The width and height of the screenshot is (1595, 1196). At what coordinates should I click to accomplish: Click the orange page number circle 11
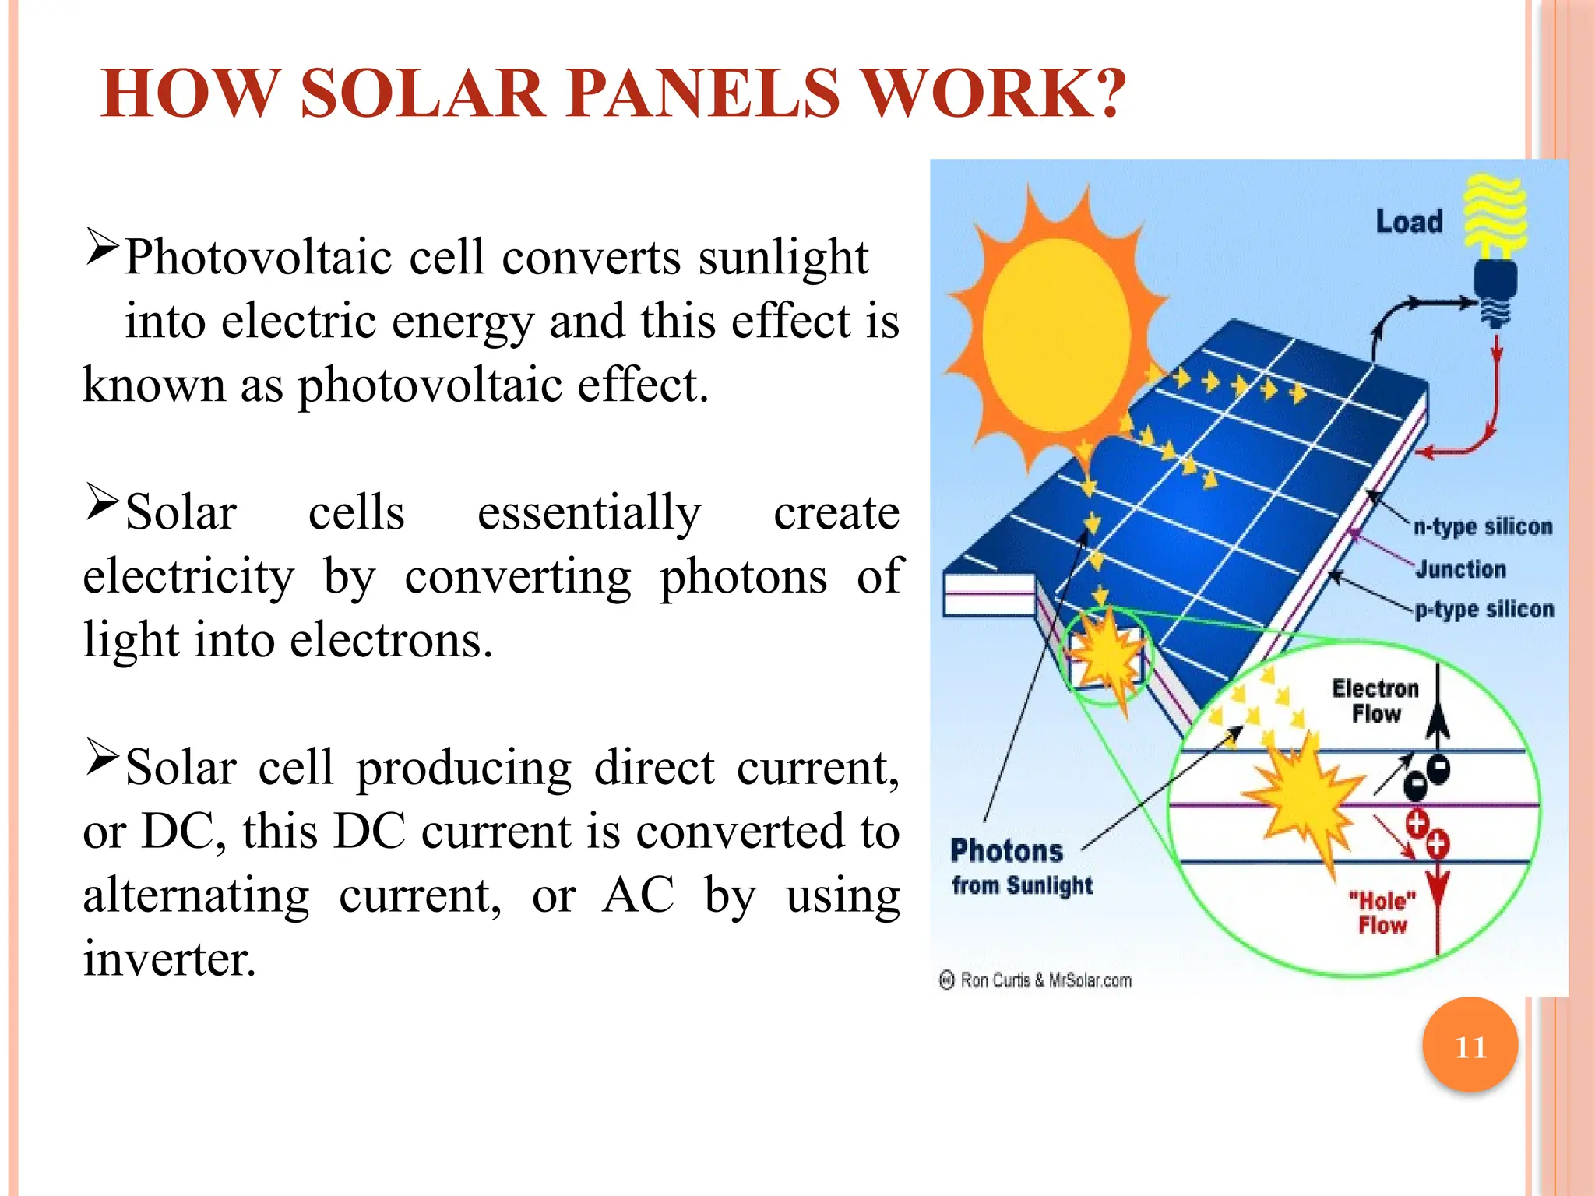click(1470, 1046)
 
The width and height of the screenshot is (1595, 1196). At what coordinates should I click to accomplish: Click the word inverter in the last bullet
click(170, 959)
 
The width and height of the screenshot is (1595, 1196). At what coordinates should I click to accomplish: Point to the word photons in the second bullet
click(744, 577)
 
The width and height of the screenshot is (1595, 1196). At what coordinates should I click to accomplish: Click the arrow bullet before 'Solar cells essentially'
click(102, 502)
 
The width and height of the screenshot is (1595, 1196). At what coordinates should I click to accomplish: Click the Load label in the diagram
click(1409, 222)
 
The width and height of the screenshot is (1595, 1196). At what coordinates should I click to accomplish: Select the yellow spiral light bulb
click(1495, 218)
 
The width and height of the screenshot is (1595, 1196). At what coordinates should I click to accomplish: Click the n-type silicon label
click(1483, 527)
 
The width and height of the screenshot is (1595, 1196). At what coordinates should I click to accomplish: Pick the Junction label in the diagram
click(1460, 569)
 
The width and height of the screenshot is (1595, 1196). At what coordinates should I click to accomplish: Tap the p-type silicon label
click(1484, 610)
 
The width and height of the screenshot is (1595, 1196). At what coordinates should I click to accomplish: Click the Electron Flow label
click(1375, 701)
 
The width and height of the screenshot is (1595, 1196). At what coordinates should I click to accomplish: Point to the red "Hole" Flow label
click(1382, 913)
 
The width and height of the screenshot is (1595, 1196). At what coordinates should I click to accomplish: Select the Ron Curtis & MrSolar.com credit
click(1036, 980)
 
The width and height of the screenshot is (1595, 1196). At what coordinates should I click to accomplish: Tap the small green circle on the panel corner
click(1106, 658)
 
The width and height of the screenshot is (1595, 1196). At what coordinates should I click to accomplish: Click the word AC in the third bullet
click(639, 895)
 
